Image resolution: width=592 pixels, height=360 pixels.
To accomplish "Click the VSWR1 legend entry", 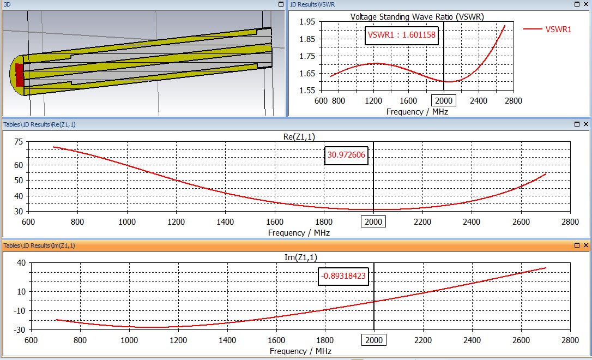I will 558,29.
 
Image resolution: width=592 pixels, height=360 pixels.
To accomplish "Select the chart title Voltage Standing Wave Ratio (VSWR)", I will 417,16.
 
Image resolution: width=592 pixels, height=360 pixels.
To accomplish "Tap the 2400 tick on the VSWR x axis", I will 479,101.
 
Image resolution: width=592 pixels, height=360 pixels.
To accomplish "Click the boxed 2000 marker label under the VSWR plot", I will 444,101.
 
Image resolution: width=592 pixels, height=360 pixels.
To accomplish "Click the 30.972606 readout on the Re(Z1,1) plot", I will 346,155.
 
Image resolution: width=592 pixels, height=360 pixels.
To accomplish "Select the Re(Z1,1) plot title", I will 299,137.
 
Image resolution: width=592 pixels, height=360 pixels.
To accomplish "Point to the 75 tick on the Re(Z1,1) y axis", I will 20,142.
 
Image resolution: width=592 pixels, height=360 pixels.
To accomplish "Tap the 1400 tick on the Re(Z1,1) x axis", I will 226,222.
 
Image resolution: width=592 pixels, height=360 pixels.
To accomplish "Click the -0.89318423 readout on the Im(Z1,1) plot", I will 343,276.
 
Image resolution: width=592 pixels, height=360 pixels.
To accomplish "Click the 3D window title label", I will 7,4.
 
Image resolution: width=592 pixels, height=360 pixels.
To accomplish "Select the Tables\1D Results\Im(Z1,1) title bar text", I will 39,245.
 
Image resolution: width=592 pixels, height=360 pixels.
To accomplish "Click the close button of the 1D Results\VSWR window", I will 586,4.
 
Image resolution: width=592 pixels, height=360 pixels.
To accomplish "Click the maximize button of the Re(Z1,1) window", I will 577,124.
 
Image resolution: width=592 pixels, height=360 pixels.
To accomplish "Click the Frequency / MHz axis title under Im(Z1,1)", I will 300,351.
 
